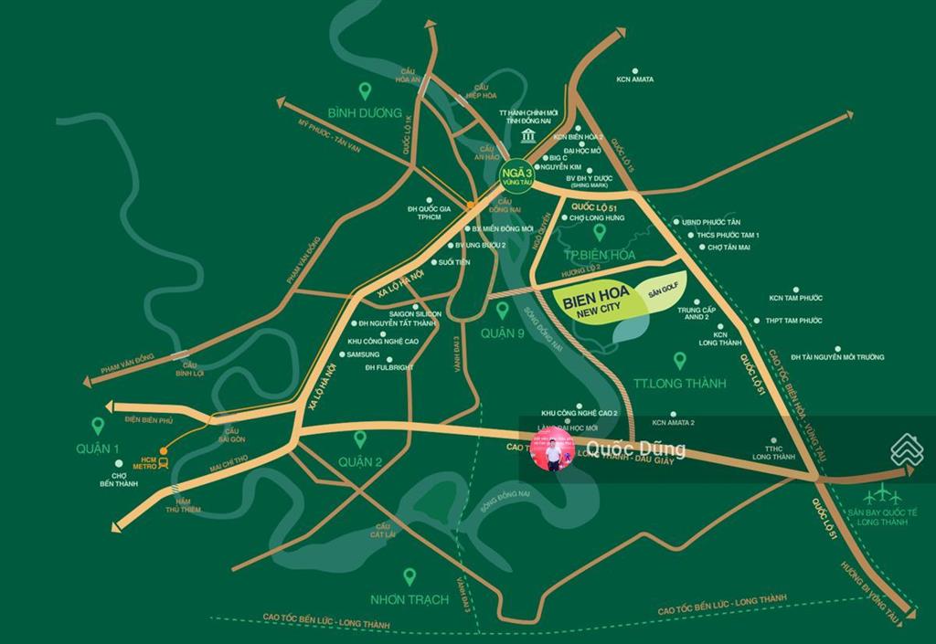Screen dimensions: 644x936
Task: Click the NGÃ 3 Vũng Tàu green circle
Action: click(514, 174)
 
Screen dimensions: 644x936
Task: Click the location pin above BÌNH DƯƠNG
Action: click(365, 90)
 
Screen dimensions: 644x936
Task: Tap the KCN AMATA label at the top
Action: click(634, 79)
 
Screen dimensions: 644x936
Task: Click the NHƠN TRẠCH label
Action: click(409, 600)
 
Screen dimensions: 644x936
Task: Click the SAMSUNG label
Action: click(363, 354)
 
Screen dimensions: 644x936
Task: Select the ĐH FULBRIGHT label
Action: click(388, 367)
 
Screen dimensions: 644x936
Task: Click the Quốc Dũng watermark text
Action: click(635, 449)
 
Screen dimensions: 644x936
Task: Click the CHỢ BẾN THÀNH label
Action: click(119, 480)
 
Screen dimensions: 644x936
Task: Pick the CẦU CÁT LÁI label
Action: click(385, 532)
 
